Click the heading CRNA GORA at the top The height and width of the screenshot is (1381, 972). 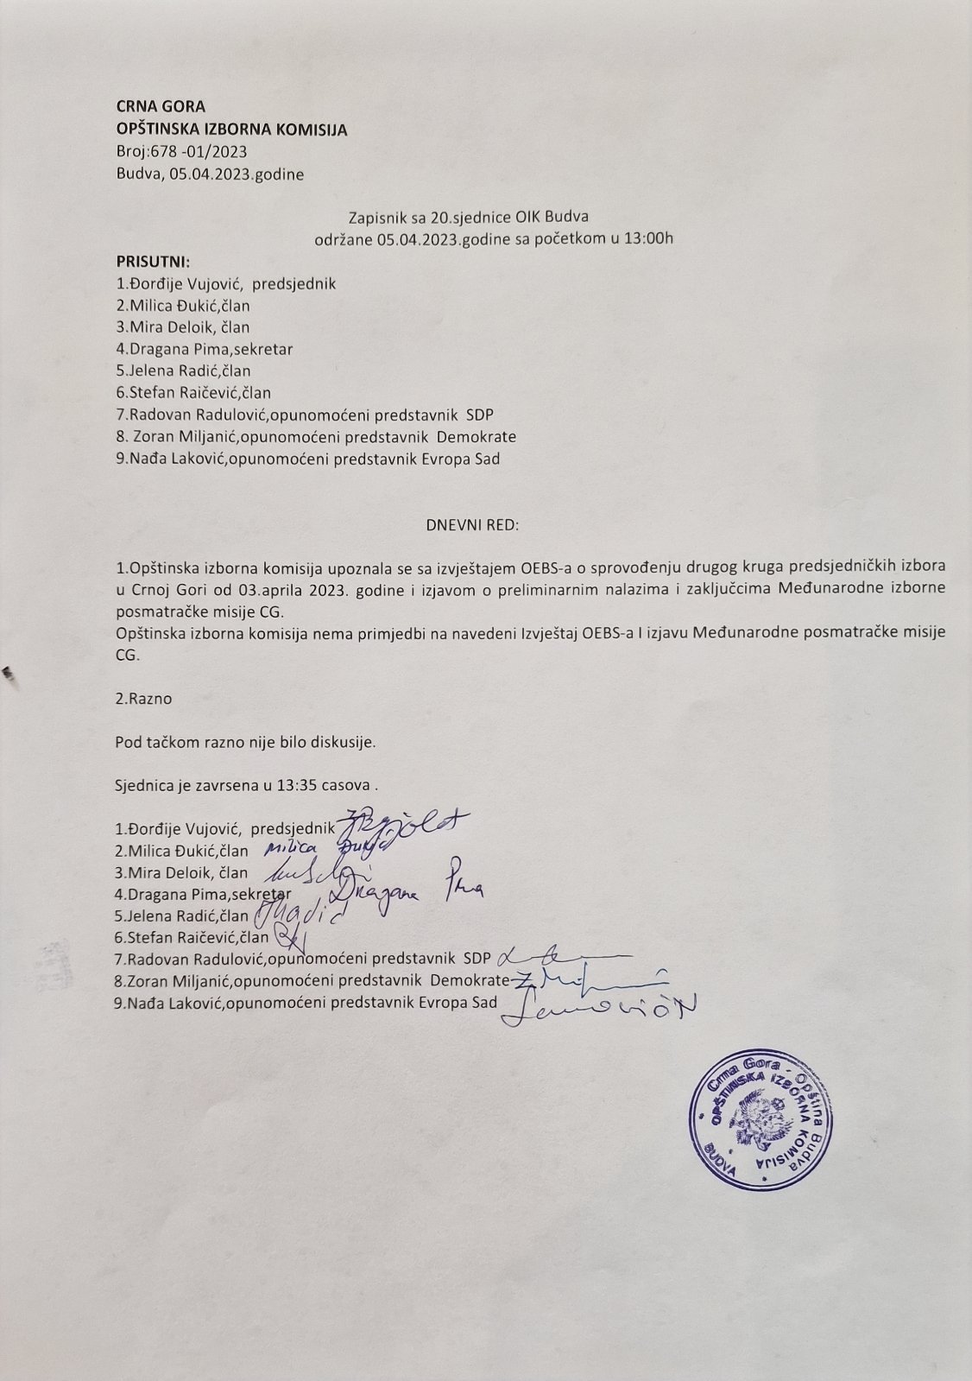[x=161, y=107]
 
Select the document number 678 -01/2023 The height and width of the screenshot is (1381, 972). [x=199, y=152]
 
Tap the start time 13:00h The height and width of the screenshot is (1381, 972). [x=647, y=238]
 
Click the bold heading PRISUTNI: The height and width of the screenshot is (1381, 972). [x=153, y=261]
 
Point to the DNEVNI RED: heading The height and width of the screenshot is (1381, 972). [x=473, y=524]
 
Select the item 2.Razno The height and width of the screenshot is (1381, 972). [x=143, y=699]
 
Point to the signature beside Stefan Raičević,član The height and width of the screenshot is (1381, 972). [x=287, y=937]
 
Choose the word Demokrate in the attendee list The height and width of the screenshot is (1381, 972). [x=477, y=437]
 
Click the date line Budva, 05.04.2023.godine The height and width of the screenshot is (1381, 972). [x=210, y=174]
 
